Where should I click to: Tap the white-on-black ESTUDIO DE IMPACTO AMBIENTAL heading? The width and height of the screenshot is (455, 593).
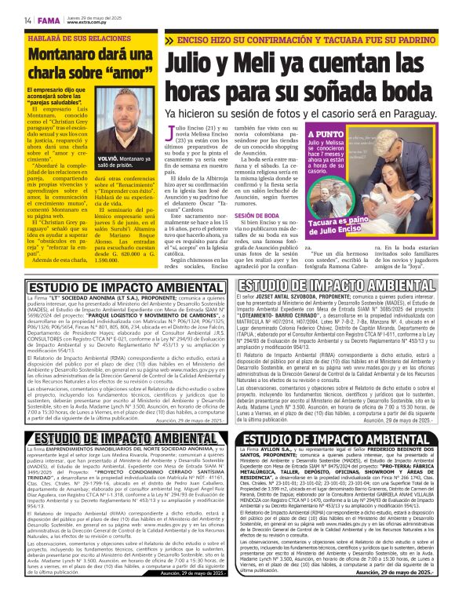click(340, 438)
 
